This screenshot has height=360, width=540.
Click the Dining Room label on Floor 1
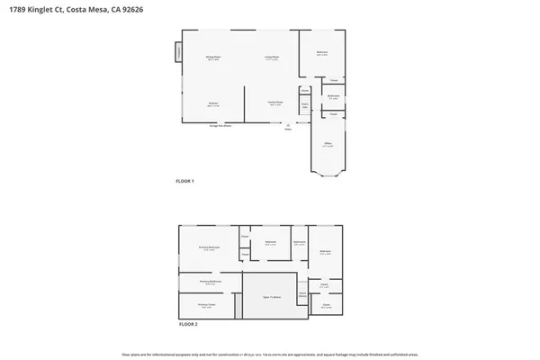213,58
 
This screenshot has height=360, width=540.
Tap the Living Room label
271,58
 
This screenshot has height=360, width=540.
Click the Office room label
328,144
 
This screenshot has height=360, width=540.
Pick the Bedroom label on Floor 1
321,53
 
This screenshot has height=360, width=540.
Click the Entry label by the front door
288,129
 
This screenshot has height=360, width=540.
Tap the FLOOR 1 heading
184,181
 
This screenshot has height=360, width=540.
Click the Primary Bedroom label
209,249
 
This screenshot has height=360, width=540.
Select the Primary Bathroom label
211,283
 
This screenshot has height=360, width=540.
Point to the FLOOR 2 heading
187,323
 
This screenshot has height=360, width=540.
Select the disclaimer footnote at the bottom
269,354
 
